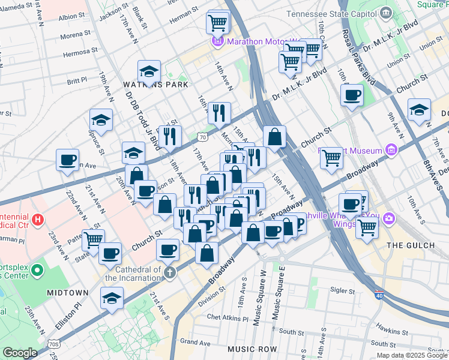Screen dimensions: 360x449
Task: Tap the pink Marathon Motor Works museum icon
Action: pyautogui.click(x=217, y=41)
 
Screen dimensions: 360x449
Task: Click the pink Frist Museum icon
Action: pyautogui.click(x=391, y=149)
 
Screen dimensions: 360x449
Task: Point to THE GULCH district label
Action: pyautogui.click(x=410, y=245)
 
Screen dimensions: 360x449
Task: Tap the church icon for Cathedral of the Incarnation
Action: pyautogui.click(x=170, y=274)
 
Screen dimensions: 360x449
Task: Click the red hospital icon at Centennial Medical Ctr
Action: pyautogui.click(x=38, y=220)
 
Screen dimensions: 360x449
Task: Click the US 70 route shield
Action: pyautogui.click(x=203, y=137)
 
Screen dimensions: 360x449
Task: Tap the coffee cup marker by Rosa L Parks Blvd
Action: pyautogui.click(x=352, y=95)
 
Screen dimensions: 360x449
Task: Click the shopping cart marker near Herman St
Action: pyautogui.click(x=217, y=23)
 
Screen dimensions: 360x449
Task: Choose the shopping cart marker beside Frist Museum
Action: pyautogui.click(x=331, y=158)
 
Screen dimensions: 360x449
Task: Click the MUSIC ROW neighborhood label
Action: pyautogui.click(x=252, y=349)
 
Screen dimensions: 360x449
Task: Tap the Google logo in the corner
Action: pyautogui.click(x=20, y=353)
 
